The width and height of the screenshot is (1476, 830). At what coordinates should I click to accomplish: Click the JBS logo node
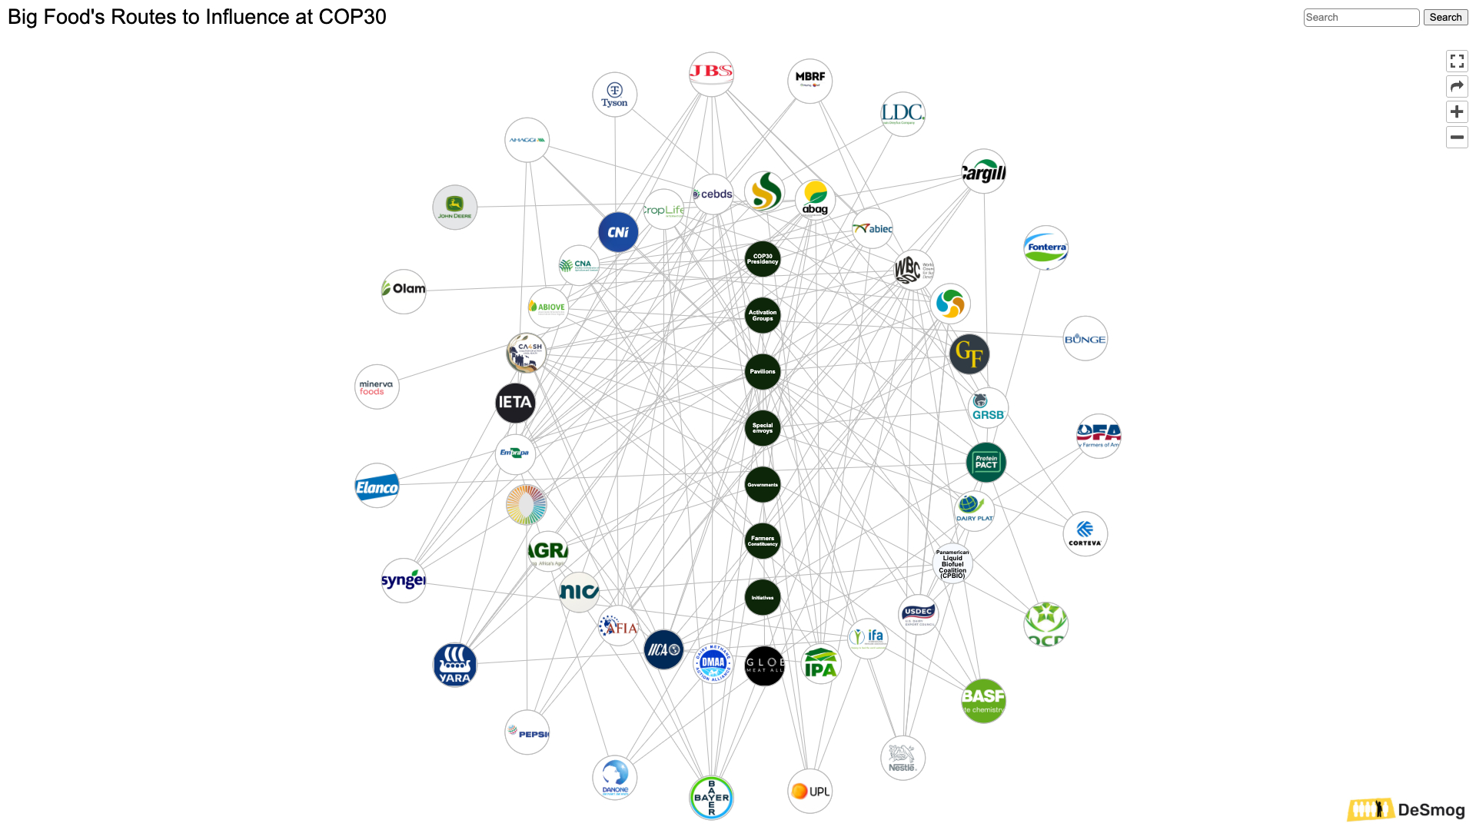[711, 74]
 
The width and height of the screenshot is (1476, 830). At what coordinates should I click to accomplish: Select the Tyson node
[614, 95]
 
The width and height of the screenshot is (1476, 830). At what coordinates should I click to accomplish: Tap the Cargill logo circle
[983, 171]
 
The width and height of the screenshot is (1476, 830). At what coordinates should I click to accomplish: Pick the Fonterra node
[1045, 247]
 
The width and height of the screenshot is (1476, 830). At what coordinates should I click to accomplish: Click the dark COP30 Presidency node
[763, 259]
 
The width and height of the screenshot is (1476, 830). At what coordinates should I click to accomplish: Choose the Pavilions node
[763, 371]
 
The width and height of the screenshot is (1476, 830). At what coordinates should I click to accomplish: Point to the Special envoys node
[763, 428]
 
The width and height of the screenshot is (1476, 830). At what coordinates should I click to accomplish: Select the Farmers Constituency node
[763, 541]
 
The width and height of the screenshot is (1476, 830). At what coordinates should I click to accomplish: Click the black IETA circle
[515, 402]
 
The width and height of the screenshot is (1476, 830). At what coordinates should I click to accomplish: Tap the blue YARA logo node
[454, 665]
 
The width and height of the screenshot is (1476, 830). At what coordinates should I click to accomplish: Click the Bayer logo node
[711, 798]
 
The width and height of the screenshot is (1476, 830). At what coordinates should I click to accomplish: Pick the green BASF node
[983, 700]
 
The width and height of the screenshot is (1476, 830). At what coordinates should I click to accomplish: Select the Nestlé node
[903, 758]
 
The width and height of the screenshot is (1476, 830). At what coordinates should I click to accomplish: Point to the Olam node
[404, 290]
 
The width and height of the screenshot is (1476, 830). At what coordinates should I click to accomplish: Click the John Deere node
[454, 207]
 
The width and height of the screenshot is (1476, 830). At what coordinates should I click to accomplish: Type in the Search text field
[1361, 18]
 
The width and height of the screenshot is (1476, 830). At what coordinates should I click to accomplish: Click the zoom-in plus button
[1457, 112]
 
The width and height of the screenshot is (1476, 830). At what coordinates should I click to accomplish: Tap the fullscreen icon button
[1457, 61]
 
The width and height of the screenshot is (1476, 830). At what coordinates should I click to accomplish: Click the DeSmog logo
[1406, 809]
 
